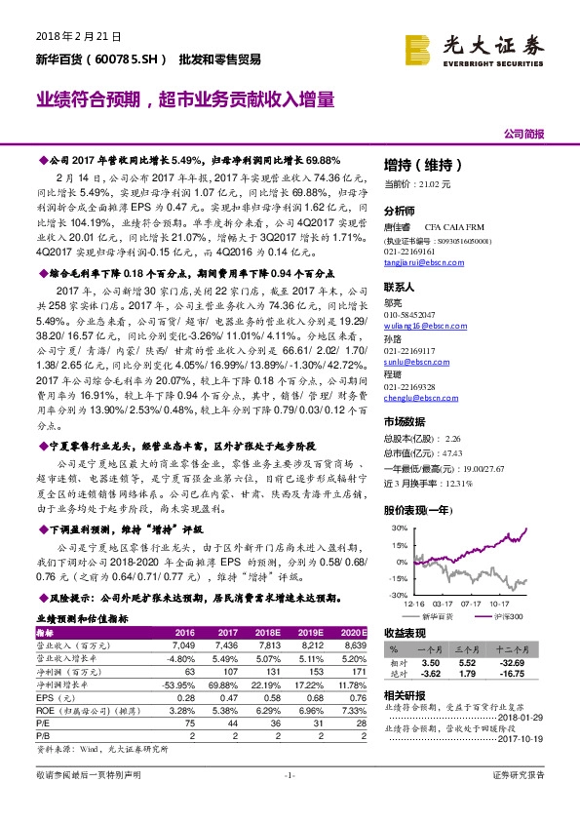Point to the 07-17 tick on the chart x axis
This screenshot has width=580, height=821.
coord(471,603)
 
